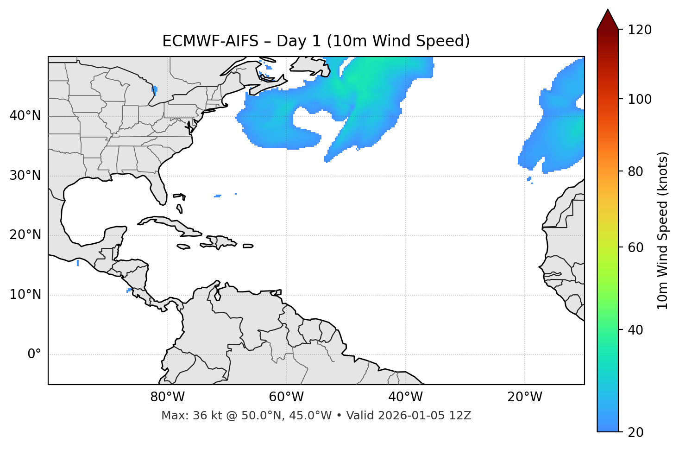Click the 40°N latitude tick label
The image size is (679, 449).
point(25,116)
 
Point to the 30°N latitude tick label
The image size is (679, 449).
point(25,176)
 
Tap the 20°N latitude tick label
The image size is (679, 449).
point(25,235)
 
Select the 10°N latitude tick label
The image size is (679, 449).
point(25,295)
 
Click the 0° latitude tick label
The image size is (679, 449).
point(34,354)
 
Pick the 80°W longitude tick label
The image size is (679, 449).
point(167,397)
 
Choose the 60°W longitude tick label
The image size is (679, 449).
point(286,397)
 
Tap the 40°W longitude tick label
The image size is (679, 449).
point(405,397)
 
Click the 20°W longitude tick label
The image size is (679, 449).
point(525,397)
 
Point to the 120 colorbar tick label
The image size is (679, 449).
point(640,30)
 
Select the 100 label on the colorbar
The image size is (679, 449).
point(640,99)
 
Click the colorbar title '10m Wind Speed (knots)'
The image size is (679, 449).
point(663,231)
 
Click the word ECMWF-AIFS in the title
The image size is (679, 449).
point(210,41)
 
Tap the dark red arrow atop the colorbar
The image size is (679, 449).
point(608,19)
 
